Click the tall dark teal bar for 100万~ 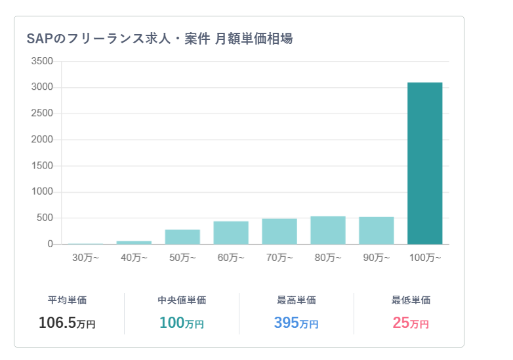click(424, 163)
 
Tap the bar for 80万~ click(327, 230)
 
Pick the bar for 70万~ click(279, 231)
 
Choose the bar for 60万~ click(231, 233)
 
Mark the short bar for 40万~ click(134, 243)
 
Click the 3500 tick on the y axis click(42, 61)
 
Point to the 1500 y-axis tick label click(42, 166)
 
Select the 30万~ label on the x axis click(85, 258)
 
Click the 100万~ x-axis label click(424, 258)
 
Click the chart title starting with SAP click(159, 39)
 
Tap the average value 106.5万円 click(67, 323)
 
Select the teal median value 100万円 click(182, 323)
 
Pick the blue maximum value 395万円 click(296, 323)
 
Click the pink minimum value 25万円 click(411, 323)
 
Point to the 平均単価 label click(67, 300)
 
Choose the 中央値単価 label click(182, 300)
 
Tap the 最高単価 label click(296, 300)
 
